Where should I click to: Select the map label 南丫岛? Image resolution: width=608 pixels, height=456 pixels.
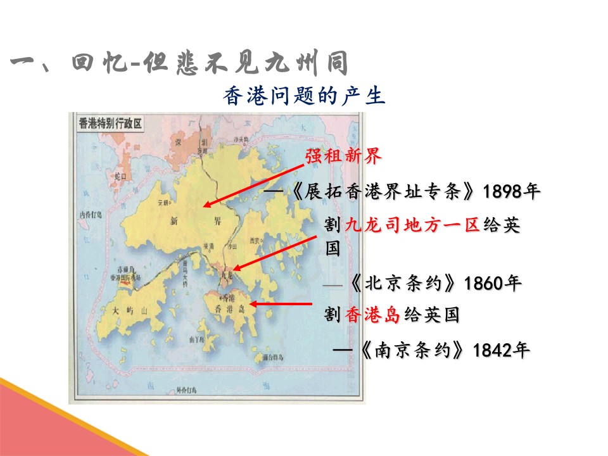point(196,339)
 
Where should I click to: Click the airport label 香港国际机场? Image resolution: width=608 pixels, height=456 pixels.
point(124,278)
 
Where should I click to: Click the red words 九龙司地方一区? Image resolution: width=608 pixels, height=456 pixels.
point(412,225)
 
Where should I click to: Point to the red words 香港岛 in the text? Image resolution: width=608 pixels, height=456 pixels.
point(372,315)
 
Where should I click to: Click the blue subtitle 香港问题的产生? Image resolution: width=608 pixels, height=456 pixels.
point(304,96)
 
